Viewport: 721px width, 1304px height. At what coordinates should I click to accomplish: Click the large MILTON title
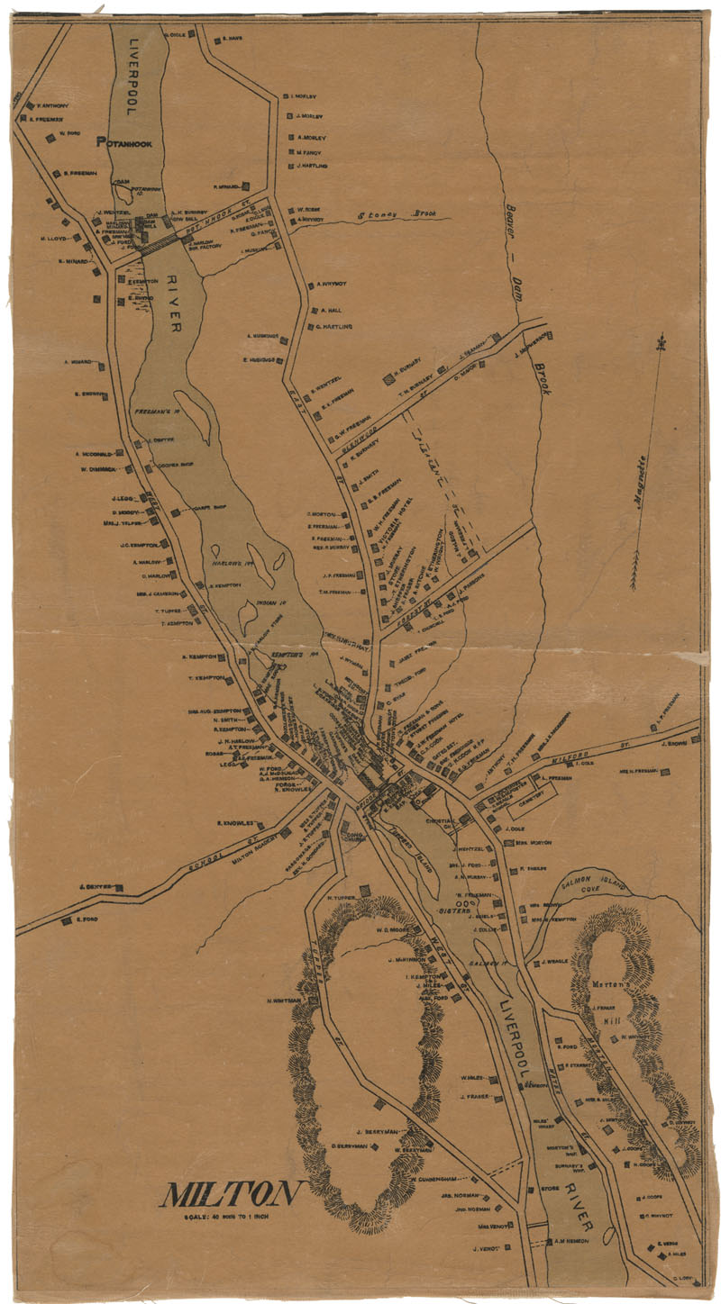coord(229,1194)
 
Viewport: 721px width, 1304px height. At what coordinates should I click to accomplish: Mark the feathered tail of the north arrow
coord(634,576)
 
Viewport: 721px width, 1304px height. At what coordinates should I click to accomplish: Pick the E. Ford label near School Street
coord(86,919)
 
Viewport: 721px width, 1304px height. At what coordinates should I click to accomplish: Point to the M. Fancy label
coord(309,152)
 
